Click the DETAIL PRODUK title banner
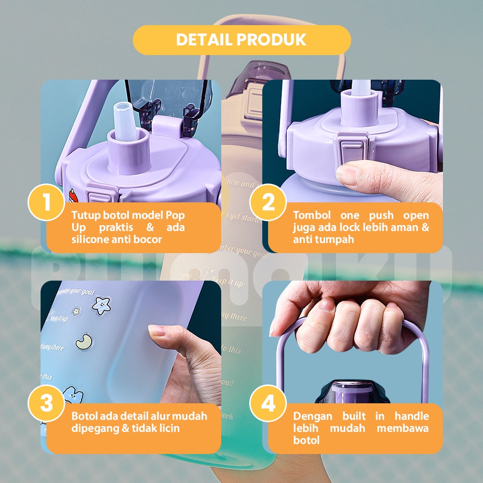point(241,40)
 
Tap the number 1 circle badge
point(46,202)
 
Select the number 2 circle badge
point(268,202)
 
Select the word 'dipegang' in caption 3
point(95,428)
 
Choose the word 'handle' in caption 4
point(412,416)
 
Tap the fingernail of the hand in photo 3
point(157,331)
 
